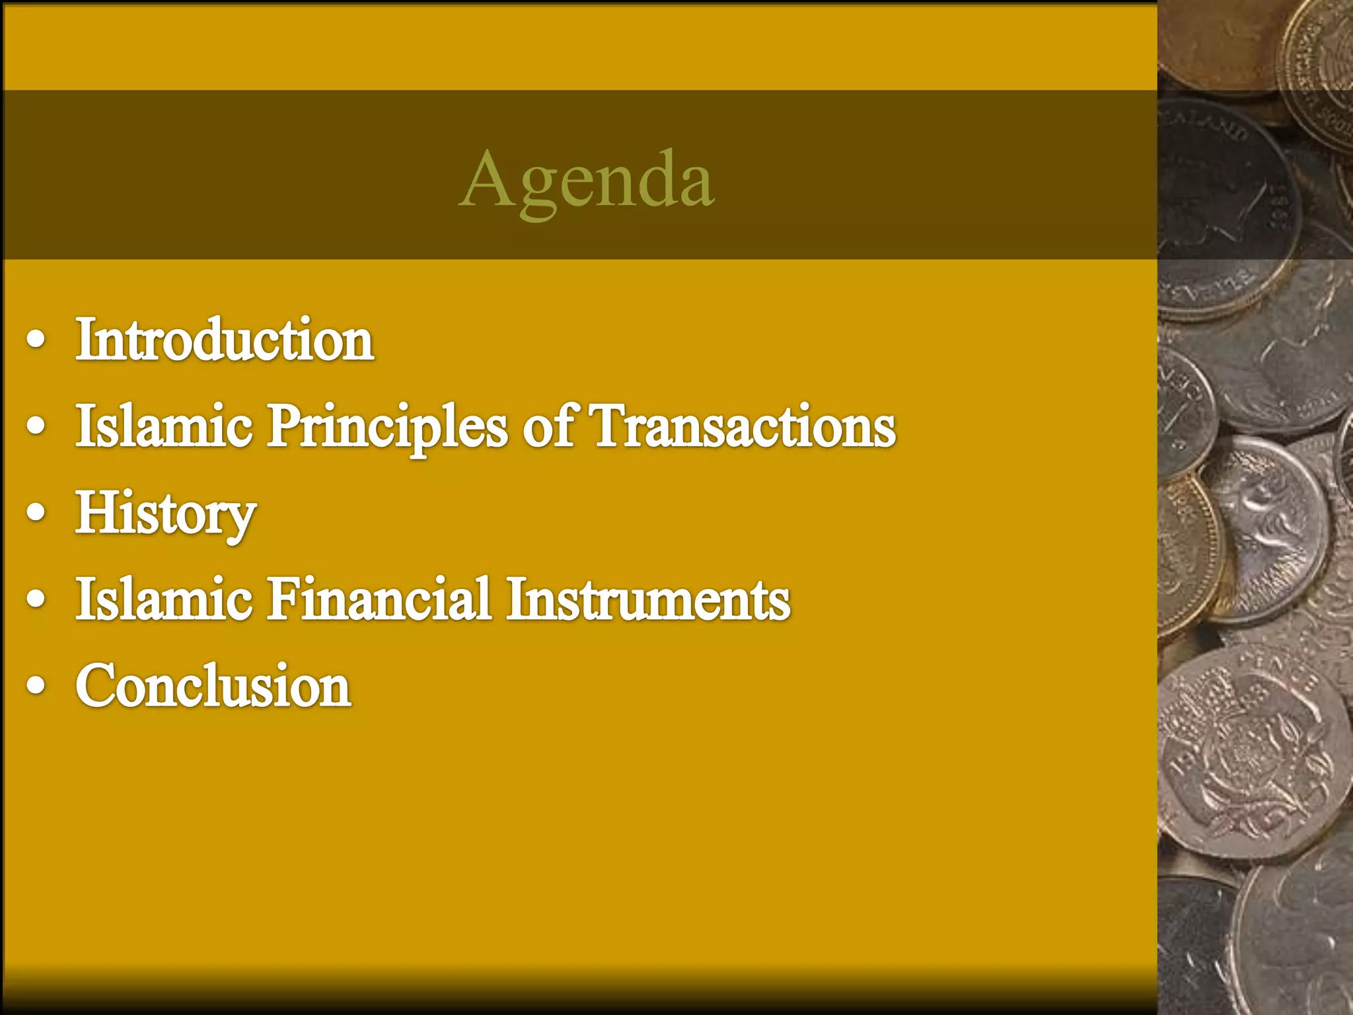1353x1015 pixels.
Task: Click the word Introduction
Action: [x=225, y=340]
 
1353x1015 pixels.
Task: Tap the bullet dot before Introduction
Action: [x=36, y=341]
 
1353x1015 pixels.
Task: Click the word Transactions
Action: [x=743, y=426]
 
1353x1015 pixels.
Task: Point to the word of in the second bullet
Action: [x=548, y=426]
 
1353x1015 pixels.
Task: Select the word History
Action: [x=165, y=513]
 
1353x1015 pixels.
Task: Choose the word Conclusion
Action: [x=213, y=685]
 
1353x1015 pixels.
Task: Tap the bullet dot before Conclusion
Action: [x=36, y=687]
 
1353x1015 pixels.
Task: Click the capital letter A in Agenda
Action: [x=485, y=178]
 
